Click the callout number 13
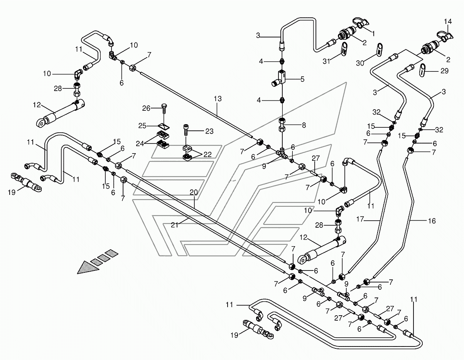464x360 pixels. click(218, 99)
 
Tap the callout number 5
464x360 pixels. click(302, 79)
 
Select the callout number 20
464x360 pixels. click(194, 193)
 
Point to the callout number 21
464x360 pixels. click(174, 225)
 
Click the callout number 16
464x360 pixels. click(432, 221)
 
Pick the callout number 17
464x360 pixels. click(360, 219)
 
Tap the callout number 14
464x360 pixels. click(448, 21)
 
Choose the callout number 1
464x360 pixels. click(373, 34)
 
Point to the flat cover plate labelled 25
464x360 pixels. click(164, 126)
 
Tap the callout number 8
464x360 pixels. click(304, 125)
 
